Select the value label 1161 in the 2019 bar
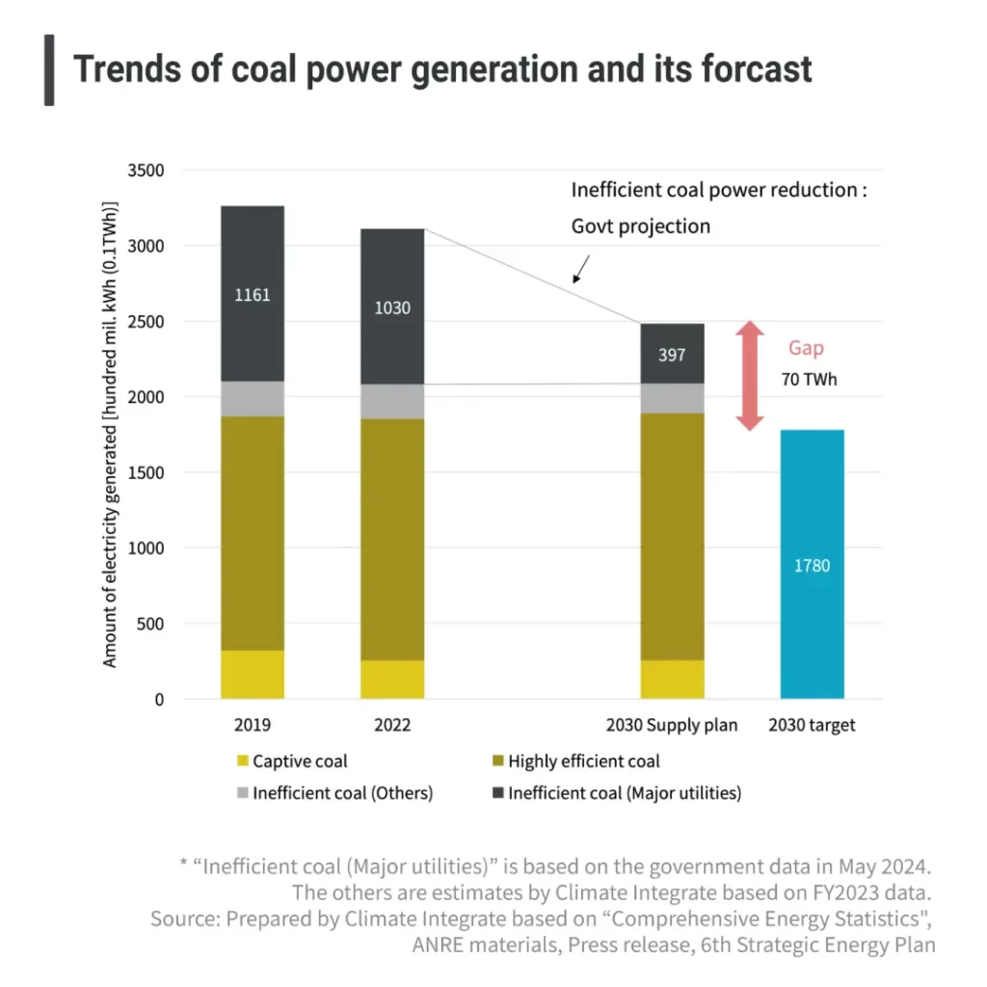point(253,295)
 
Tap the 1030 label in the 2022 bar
point(392,308)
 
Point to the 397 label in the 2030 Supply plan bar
point(672,355)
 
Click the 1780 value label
point(812,566)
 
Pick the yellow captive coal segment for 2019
point(253,675)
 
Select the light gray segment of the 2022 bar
point(392,401)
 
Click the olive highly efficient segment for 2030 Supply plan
point(672,536)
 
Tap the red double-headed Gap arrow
point(750,376)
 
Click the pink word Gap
point(807,348)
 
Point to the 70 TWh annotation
point(808,380)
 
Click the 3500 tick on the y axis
point(146,171)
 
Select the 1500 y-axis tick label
point(146,473)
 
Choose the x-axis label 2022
point(391,725)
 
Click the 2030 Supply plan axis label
point(672,725)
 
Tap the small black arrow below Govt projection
point(581,269)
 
